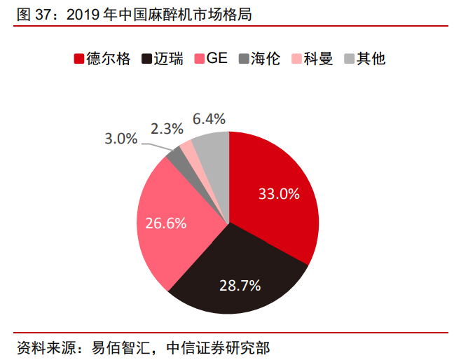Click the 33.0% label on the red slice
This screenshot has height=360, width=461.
(279, 194)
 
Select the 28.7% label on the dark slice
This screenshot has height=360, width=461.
(240, 285)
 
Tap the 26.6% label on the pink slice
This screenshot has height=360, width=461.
(165, 223)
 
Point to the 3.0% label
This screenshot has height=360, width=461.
(121, 139)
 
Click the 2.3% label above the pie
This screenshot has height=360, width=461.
(167, 128)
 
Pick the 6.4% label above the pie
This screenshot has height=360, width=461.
(209, 118)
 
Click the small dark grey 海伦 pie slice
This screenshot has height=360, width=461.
(178, 159)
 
